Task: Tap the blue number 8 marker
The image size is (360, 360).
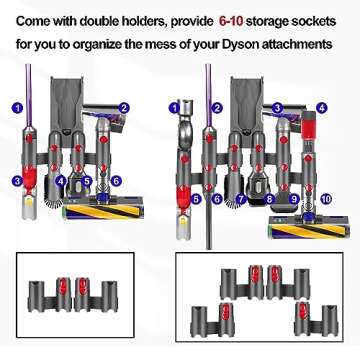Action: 267,199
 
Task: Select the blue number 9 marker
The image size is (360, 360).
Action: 294,199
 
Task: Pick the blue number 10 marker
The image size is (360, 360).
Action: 326,199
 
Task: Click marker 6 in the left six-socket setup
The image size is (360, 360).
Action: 116,181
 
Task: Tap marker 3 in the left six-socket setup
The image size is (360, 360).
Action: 17,181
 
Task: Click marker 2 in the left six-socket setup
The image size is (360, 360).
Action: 124,107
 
